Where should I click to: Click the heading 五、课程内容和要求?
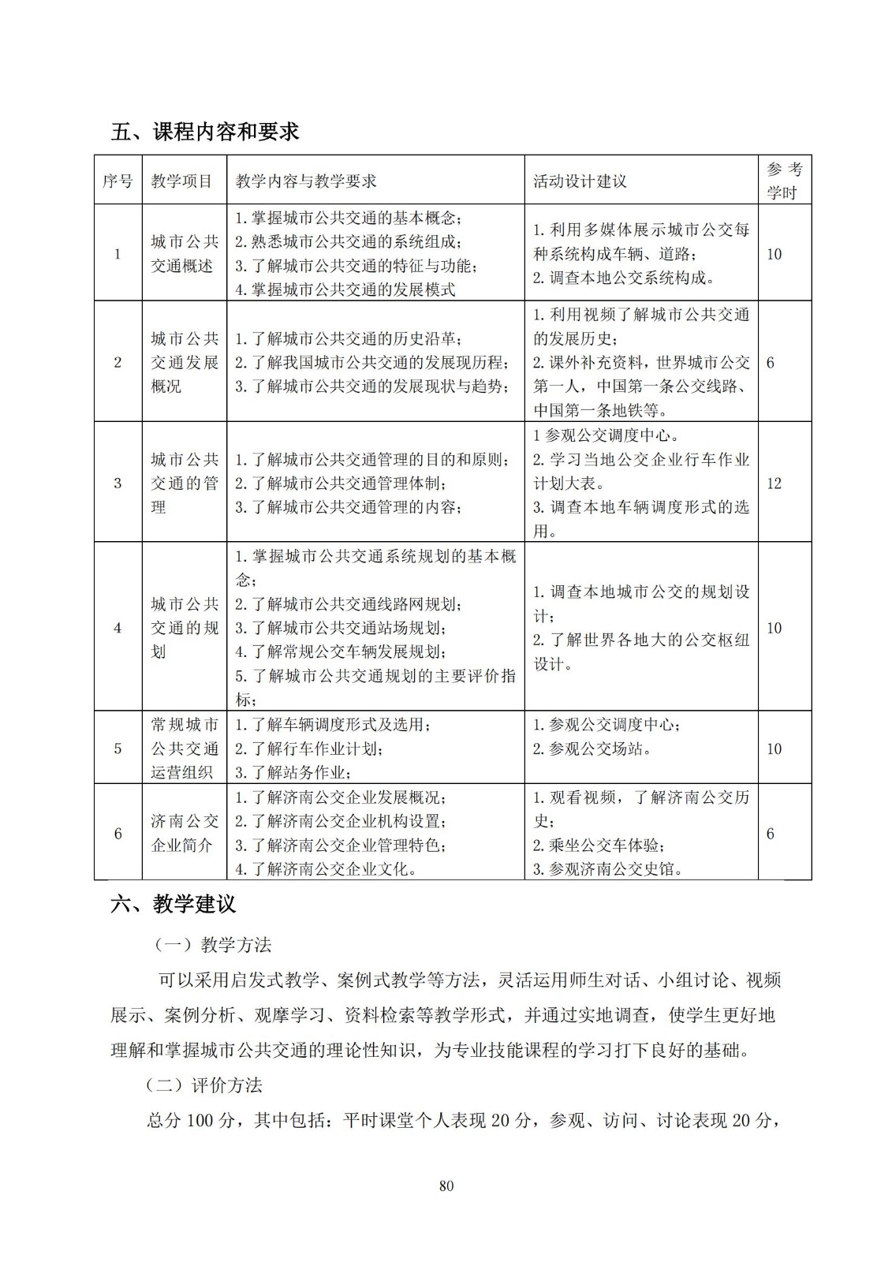[205, 132]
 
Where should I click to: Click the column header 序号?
[118, 181]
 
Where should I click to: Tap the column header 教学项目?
[182, 181]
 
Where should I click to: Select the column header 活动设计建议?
[580, 181]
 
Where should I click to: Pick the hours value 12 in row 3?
[774, 484]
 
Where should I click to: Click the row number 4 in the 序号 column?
[118, 628]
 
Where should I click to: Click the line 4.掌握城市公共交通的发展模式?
[345, 289]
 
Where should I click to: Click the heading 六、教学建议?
[174, 904]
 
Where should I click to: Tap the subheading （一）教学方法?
[212, 945]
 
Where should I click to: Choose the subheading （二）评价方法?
[204, 1085]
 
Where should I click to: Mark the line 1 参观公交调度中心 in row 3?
[606, 435]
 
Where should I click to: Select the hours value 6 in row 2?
[770, 363]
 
